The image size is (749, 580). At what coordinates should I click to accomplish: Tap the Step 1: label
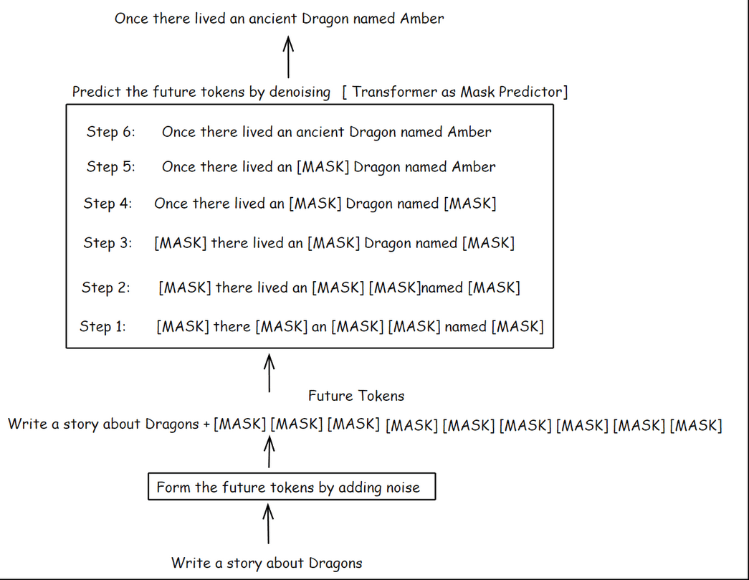[x=102, y=327]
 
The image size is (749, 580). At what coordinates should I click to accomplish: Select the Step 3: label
[x=108, y=243]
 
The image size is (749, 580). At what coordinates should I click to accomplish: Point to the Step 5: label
[x=110, y=167]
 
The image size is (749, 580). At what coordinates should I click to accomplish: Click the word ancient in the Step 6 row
[x=320, y=132]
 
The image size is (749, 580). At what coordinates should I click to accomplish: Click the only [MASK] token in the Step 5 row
[x=323, y=167]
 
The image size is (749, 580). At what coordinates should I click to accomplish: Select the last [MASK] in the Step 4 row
[x=470, y=204]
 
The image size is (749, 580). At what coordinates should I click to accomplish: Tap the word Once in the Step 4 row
[x=171, y=204]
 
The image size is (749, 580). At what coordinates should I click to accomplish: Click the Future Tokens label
[x=356, y=396]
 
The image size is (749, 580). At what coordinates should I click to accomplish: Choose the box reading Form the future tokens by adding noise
[x=291, y=488]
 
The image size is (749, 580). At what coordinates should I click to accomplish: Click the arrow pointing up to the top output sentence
[x=288, y=57]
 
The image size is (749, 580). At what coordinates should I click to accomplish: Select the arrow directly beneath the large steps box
[x=269, y=371]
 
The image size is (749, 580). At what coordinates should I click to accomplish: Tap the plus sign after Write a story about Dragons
[x=206, y=424]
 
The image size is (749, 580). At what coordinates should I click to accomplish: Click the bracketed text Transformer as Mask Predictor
[x=455, y=92]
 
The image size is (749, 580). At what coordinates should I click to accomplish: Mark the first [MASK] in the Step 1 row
[x=182, y=327]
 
